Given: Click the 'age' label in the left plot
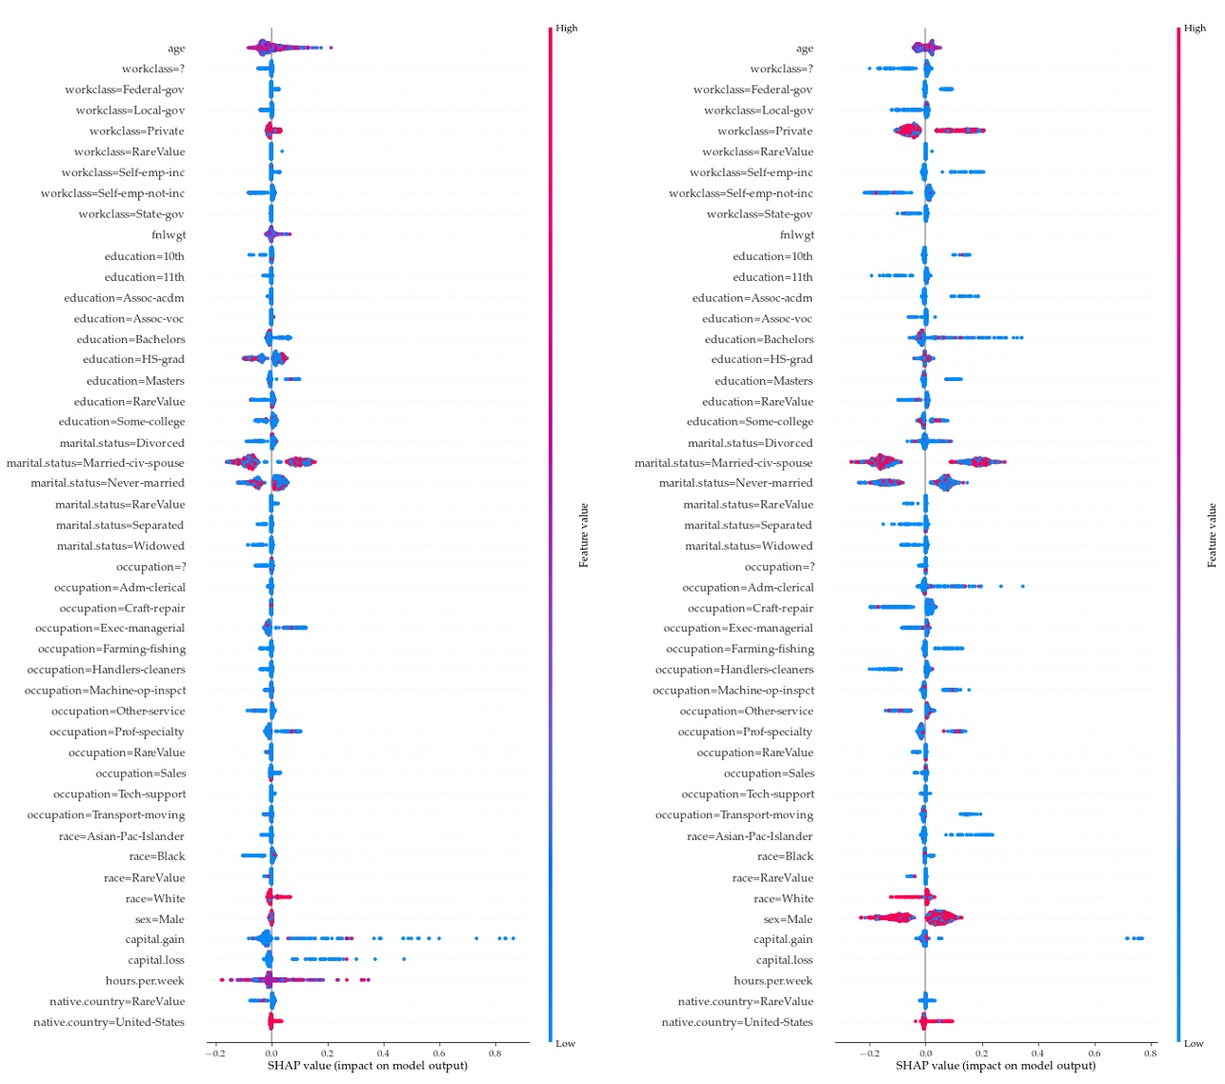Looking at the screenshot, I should (176, 49).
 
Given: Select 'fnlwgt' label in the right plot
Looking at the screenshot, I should (796, 235).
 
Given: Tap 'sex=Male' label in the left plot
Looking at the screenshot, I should (160, 919).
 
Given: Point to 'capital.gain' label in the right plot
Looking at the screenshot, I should (783, 940).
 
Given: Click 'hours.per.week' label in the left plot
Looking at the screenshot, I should (145, 981).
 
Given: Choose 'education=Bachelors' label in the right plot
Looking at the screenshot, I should (758, 339).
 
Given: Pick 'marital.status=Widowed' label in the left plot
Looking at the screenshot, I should (120, 546).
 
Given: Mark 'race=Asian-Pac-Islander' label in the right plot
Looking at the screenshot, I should (750, 836).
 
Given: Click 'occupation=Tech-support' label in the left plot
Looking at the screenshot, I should (119, 794).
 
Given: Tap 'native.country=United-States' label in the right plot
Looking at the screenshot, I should (737, 1022).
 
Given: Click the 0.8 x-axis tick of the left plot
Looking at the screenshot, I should (495, 1054).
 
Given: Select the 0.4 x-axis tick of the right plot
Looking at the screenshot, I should (1037, 1054).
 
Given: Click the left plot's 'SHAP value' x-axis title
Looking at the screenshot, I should (367, 1066).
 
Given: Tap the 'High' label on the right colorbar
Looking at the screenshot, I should (1195, 28).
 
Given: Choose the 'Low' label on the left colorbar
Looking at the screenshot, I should (566, 1043).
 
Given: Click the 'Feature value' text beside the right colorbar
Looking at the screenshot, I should (1212, 535).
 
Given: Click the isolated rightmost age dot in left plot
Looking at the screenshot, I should (331, 48).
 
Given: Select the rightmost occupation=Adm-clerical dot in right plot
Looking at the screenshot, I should (1023, 587).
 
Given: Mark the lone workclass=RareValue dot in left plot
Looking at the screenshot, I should (282, 151).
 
